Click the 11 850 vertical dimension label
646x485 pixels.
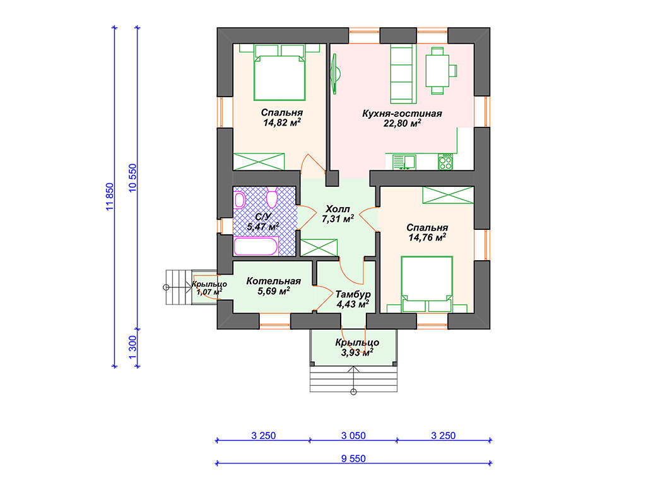(109, 197)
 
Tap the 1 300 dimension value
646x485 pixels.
(132, 347)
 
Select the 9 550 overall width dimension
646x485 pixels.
(353, 458)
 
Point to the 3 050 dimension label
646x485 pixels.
(353, 436)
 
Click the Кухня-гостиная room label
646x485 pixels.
(402, 114)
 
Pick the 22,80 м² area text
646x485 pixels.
(402, 123)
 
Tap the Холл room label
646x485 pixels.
(338, 208)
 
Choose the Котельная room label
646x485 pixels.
(274, 281)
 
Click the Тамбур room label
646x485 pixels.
(353, 294)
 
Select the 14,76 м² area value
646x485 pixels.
(427, 237)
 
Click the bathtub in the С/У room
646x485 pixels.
(256, 247)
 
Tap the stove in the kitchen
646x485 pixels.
(445, 162)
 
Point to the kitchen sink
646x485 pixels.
(404, 162)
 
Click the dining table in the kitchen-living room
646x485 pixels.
(437, 71)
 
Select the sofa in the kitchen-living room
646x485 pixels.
(403, 74)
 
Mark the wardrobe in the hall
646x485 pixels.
(319, 248)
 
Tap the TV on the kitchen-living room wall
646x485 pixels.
(335, 74)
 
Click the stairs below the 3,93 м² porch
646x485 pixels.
(353, 379)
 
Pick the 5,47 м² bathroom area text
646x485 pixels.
(263, 227)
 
